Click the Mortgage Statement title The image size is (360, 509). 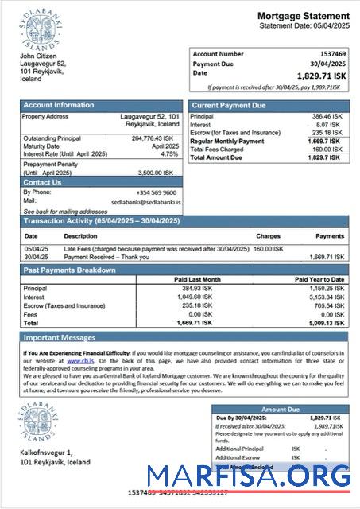tap(303, 16)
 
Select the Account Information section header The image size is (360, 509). tap(58, 105)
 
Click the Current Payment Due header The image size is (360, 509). tap(229, 105)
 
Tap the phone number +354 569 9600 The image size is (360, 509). tap(156, 192)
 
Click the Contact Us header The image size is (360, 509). tap(42, 182)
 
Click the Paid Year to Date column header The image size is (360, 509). tap(319, 279)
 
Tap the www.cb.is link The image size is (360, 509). tap(78, 360)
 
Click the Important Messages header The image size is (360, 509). tap(60, 337)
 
